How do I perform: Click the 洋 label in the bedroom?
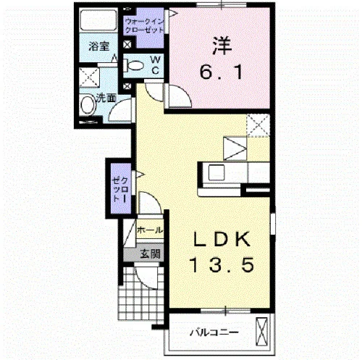pos(222,46)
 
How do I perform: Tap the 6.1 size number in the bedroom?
pos(221,72)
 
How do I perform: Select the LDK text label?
pos(222,239)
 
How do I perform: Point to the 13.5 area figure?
pos(222,265)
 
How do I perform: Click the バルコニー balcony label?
pos(214,332)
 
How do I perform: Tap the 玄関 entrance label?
pos(151,254)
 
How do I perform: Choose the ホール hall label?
pos(150,230)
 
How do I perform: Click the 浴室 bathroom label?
pos(99,46)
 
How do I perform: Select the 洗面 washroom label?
pos(106,99)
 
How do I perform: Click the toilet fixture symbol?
pos(133,65)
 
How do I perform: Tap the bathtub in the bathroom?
pos(98,20)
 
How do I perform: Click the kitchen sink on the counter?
pos(216,172)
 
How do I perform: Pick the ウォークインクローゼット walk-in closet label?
pos(144,26)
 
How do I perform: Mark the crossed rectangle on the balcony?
pos(262,332)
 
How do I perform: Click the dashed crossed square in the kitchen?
pos(258,125)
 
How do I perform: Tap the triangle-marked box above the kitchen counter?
pos(235,148)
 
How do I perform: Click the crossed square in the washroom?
pos(89,78)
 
